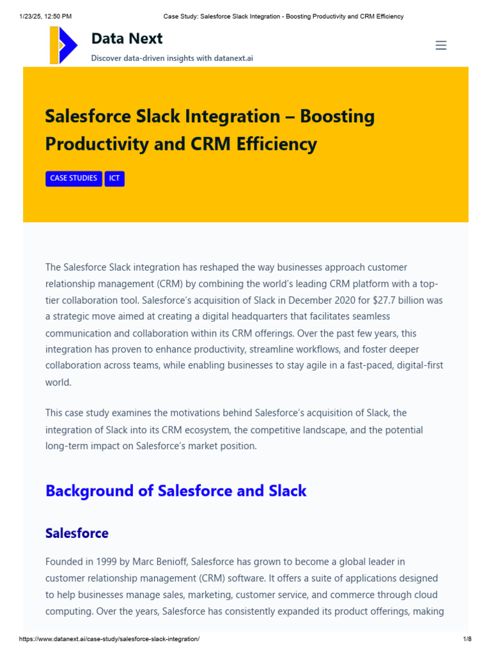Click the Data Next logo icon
[63, 45]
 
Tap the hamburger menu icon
[440, 45]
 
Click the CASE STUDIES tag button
[74, 178]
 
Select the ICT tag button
[114, 178]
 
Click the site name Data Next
[127, 38]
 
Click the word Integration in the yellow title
[238, 116]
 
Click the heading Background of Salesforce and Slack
[176, 491]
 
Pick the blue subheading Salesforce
[77, 533]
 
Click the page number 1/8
[467, 639]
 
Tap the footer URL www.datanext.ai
[109, 639]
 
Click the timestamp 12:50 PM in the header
[58, 16]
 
